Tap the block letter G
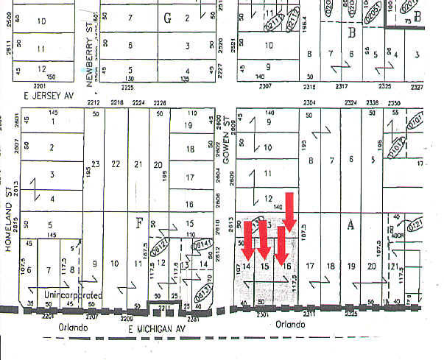(167, 19)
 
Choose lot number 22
(116, 164)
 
